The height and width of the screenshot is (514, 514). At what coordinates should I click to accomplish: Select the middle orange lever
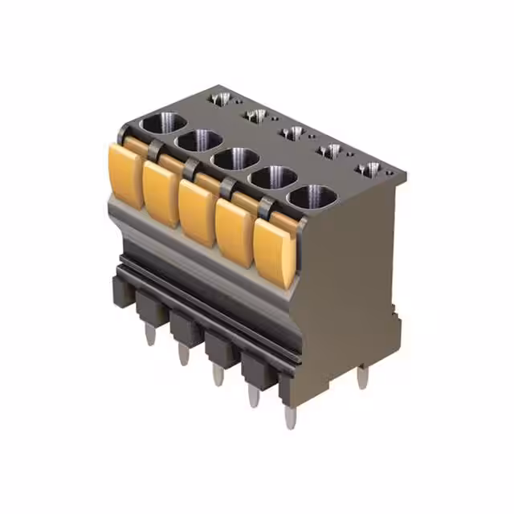[197, 211]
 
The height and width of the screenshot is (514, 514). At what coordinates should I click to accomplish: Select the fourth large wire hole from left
[275, 177]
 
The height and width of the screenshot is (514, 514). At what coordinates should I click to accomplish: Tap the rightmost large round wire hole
[313, 196]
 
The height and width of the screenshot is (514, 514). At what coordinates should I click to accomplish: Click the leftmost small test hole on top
[219, 98]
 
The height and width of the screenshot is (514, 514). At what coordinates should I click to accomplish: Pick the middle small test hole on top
[294, 133]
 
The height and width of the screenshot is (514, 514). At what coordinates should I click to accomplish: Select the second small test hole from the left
[256, 115]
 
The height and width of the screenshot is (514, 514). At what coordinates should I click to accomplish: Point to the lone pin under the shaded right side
[362, 376]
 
